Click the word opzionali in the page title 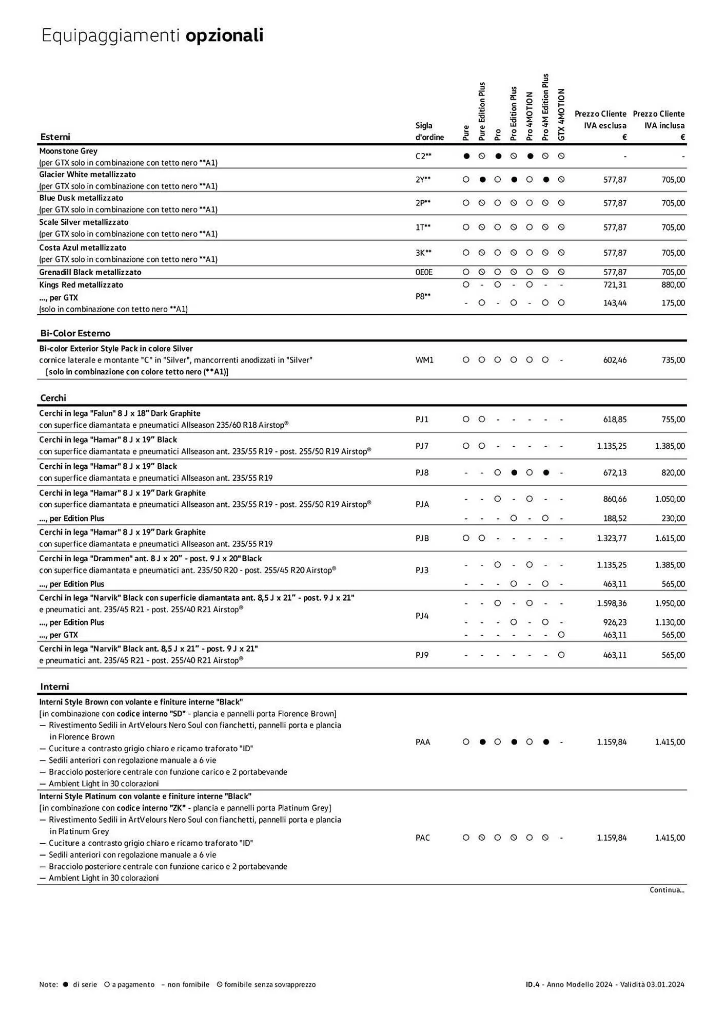(224, 35)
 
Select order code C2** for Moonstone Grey (423, 156)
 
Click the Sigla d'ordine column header (429, 131)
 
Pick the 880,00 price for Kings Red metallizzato (673, 284)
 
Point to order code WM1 (424, 360)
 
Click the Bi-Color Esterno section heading (75, 333)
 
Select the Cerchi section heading (53, 398)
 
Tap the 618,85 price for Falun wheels (615, 420)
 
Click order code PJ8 (422, 472)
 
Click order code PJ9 (422, 655)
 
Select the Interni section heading (54, 687)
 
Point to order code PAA (423, 742)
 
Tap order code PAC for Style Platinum (423, 838)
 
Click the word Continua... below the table (667, 890)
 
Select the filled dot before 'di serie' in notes (65, 984)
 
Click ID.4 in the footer (533, 984)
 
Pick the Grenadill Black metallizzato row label (90, 272)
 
